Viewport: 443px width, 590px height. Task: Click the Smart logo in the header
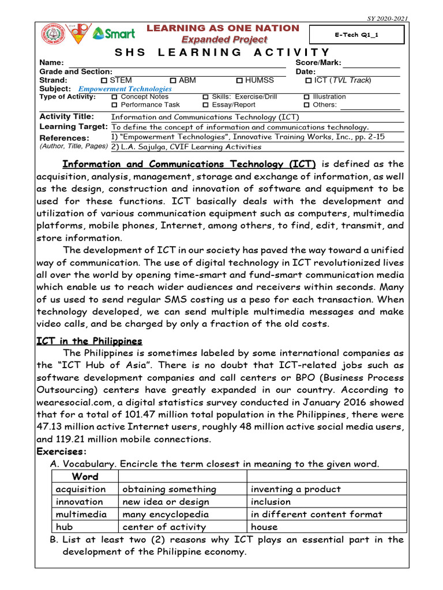pos(114,34)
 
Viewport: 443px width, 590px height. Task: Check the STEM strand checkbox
pos(104,81)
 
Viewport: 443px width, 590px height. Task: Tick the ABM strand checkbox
pos(173,81)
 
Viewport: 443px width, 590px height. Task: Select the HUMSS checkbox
pos(239,81)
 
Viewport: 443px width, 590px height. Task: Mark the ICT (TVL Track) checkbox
pos(309,81)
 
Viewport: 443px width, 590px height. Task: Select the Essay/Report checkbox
pos(205,105)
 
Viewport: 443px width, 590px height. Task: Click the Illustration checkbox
pos(307,97)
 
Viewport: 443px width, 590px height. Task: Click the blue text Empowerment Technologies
pos(125,89)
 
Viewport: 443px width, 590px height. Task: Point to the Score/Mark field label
pos(318,62)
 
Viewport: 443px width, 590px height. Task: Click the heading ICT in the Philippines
pos(89,341)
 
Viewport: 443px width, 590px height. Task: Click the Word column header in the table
pos(85,476)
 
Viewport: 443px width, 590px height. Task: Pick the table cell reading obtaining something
pos(170,489)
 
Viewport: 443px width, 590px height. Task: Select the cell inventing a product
pos(295,489)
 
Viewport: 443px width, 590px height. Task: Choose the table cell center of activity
pos(164,527)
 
